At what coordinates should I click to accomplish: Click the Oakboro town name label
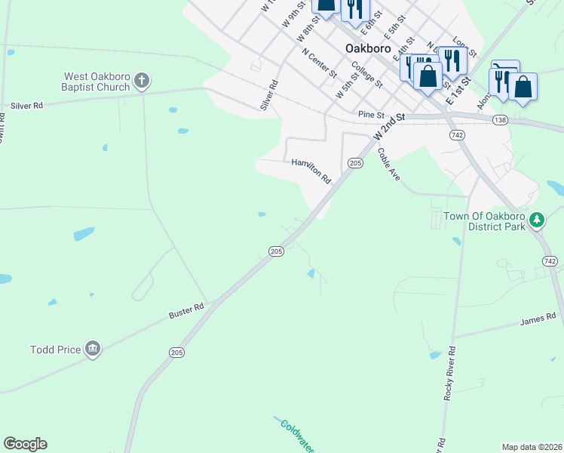(368, 48)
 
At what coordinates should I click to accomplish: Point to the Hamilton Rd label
(311, 171)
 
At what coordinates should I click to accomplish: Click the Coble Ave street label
(388, 164)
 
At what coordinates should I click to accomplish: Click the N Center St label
(319, 63)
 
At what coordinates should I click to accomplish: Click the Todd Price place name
(55, 350)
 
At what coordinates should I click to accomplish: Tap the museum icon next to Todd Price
(92, 348)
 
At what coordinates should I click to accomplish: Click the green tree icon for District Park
(536, 220)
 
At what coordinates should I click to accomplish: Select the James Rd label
(538, 320)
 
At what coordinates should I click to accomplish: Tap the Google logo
(25, 444)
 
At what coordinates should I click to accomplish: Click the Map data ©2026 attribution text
(532, 447)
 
